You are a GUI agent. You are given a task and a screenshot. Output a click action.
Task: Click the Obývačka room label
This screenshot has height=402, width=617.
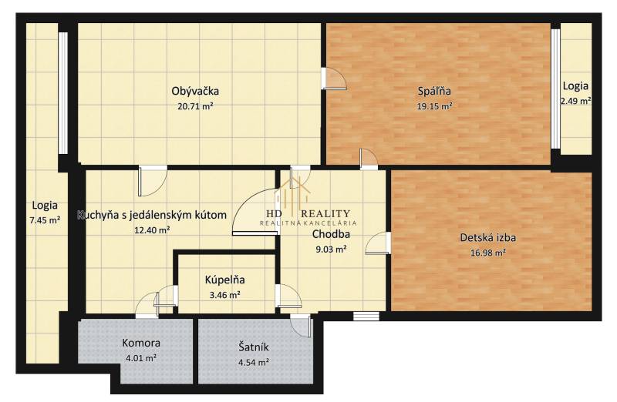[x=195, y=91]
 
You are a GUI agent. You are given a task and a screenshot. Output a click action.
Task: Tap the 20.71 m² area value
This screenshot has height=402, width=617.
[x=195, y=106]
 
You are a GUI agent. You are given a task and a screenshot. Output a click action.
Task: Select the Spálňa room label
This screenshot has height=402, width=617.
[x=434, y=91]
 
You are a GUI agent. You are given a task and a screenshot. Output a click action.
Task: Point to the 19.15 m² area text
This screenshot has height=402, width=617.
[x=434, y=106]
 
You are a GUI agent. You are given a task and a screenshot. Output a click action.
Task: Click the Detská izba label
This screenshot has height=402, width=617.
[x=488, y=237]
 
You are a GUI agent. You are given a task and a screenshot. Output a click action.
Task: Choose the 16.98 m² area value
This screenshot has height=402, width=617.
[x=488, y=253]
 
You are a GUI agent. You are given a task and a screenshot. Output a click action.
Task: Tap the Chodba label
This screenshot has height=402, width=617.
[x=331, y=234]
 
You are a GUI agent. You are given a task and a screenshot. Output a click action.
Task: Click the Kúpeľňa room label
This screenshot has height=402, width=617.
[x=224, y=280]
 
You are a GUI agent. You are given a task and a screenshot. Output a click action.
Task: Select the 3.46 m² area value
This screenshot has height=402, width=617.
[x=224, y=295]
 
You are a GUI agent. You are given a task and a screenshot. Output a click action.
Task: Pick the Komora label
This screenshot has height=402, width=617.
[x=141, y=343]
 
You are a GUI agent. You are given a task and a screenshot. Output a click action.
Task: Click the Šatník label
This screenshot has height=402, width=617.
[x=254, y=347]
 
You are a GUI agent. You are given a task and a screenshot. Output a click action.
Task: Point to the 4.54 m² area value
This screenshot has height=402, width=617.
[x=254, y=362]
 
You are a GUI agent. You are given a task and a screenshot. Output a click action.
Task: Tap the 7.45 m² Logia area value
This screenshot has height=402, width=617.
[x=45, y=220]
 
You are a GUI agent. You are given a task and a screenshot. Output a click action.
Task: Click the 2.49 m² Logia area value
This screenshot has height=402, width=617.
[x=575, y=101]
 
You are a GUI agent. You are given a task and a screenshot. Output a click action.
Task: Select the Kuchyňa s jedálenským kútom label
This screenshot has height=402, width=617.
[x=152, y=216]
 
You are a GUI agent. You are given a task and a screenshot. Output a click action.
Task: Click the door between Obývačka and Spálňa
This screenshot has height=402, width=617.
[x=334, y=79]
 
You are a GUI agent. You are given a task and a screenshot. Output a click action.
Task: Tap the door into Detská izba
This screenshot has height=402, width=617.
[x=378, y=243]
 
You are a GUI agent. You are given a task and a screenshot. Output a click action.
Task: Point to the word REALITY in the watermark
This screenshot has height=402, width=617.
[x=325, y=214]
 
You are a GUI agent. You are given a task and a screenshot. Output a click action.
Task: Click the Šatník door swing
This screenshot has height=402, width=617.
[x=301, y=326]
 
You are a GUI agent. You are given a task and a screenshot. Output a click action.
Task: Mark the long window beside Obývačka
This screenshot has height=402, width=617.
[x=63, y=93]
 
